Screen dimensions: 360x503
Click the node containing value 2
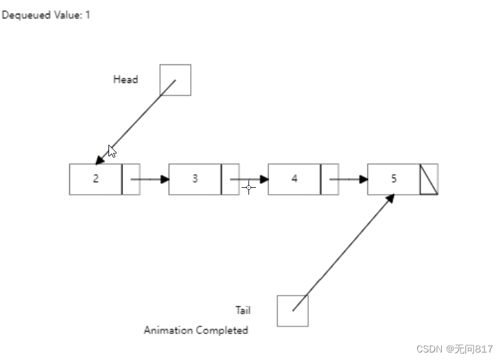[x=95, y=179]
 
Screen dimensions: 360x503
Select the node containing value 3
[x=195, y=179]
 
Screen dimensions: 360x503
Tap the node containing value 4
[x=294, y=179]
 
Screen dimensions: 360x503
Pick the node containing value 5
[x=394, y=179]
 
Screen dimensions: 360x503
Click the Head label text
[x=126, y=80]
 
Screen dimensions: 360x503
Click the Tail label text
[x=243, y=310]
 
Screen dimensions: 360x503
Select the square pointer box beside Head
[x=175, y=80]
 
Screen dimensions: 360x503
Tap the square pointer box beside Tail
[x=292, y=311]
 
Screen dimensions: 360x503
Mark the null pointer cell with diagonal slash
[x=429, y=179]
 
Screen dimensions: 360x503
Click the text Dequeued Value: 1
[x=46, y=15]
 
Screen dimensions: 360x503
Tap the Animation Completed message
[x=196, y=331]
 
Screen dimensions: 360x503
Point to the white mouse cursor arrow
[x=112, y=151]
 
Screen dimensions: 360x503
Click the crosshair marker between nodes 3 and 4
[x=248, y=186]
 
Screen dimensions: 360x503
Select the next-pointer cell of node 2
[x=131, y=179]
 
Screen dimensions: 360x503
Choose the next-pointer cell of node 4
[x=330, y=179]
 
